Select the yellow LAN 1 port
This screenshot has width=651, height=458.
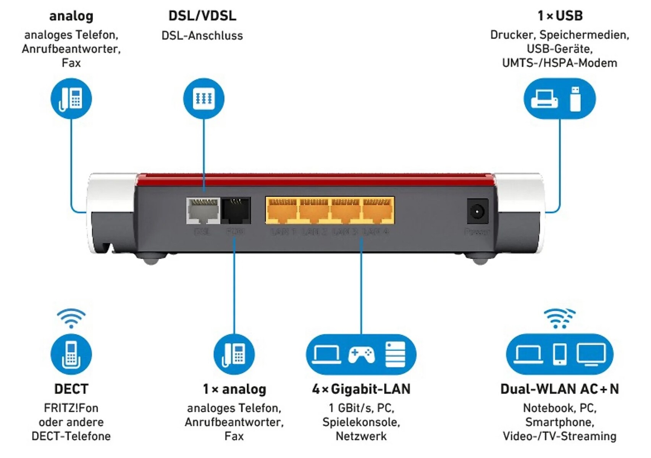(282, 211)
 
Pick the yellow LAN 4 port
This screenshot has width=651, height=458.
(377, 211)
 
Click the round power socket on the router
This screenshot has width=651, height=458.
(477, 211)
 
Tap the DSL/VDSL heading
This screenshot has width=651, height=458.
(202, 16)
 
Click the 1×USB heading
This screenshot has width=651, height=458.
(560, 16)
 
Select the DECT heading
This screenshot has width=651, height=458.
(71, 389)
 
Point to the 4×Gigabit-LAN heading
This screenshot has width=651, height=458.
(361, 389)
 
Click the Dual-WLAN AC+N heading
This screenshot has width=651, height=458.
(559, 389)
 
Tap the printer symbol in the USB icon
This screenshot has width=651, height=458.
(544, 99)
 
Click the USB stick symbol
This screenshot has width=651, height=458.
(575, 99)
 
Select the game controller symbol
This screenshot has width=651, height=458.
(361, 355)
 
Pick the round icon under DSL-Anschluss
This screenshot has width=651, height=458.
(204, 98)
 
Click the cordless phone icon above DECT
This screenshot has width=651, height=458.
(71, 355)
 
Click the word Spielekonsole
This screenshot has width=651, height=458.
(361, 422)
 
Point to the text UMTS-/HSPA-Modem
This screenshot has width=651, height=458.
(559, 63)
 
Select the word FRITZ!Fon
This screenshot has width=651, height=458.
(71, 408)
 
